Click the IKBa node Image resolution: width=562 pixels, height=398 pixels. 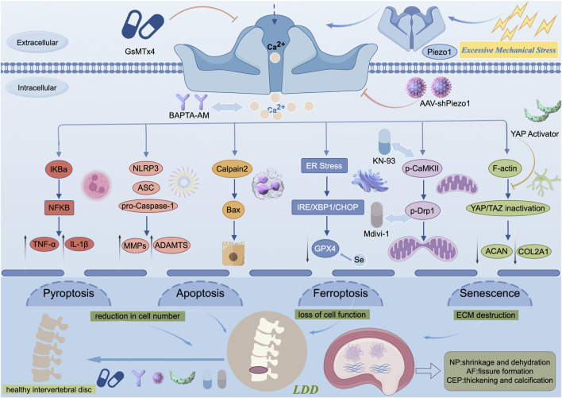(59, 169)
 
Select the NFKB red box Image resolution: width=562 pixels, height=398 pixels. (60, 207)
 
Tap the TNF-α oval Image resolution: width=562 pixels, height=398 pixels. (44, 245)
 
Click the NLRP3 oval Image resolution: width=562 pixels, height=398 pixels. (145, 168)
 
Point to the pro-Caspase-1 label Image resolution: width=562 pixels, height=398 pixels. (148, 207)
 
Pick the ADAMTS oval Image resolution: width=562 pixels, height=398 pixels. (171, 245)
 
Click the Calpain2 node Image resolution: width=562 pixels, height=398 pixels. (232, 168)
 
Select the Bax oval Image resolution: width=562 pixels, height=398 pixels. (233, 210)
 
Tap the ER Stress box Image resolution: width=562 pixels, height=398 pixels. (324, 166)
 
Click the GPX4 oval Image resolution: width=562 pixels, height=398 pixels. (325, 248)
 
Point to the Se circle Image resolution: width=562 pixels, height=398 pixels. (359, 259)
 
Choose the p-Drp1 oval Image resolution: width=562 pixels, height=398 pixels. (422, 211)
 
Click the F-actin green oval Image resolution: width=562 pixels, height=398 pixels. (505, 168)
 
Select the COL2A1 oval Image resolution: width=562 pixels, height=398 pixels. (533, 251)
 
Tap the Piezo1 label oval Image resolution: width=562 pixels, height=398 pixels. (439, 52)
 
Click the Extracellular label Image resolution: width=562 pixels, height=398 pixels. (37, 42)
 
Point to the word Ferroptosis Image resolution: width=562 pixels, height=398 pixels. (341, 293)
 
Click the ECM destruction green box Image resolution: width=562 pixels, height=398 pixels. (486, 315)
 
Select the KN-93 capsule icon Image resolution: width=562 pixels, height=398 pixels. (384, 142)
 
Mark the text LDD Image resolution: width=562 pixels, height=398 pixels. (306, 389)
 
